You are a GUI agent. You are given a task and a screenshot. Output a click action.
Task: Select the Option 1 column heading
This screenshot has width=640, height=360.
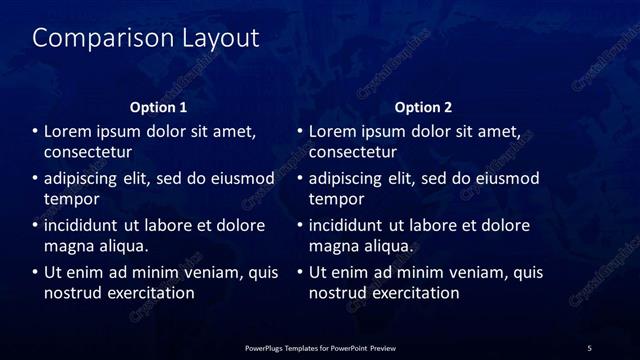point(159,107)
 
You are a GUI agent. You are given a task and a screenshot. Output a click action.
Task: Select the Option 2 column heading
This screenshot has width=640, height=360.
point(424,107)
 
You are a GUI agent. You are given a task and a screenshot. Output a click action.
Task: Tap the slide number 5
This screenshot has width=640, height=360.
point(589,348)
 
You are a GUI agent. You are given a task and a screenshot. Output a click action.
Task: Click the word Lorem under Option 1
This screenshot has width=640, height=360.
point(69,131)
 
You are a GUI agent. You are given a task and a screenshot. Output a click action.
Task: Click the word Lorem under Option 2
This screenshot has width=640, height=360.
point(334,131)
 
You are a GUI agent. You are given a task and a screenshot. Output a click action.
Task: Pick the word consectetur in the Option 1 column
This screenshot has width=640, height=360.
point(88,152)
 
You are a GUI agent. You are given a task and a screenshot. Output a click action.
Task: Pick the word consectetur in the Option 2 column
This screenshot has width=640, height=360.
point(353,152)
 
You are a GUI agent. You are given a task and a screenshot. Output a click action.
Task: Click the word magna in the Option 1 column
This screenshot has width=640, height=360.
point(68,245)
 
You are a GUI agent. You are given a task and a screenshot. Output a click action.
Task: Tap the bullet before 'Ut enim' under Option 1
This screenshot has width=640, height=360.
point(34,272)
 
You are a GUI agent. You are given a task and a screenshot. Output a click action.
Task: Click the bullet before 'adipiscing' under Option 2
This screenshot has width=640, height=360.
point(299,179)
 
